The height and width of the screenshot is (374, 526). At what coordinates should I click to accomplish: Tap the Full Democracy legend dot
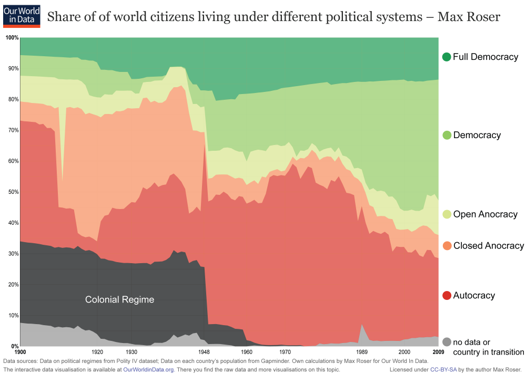click(447, 57)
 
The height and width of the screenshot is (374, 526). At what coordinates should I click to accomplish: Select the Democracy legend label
click(477, 135)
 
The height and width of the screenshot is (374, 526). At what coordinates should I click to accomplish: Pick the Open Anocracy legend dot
click(447, 214)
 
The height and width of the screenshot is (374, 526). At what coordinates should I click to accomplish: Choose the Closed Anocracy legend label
click(488, 246)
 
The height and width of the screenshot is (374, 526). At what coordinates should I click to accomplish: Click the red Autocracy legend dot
click(447, 296)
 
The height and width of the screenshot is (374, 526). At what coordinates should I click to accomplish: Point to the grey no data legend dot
click(447, 342)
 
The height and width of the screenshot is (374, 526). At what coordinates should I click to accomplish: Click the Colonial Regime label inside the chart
click(119, 300)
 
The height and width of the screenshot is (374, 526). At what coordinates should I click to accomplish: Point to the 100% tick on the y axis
click(12, 38)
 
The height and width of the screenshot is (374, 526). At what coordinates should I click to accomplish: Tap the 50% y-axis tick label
click(13, 192)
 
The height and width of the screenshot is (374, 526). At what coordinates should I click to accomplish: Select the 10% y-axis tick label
click(13, 316)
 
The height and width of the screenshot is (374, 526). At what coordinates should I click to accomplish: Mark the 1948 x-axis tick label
click(204, 351)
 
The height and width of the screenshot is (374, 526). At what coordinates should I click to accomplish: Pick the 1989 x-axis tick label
click(361, 351)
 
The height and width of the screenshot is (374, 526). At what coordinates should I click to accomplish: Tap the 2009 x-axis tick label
click(438, 351)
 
